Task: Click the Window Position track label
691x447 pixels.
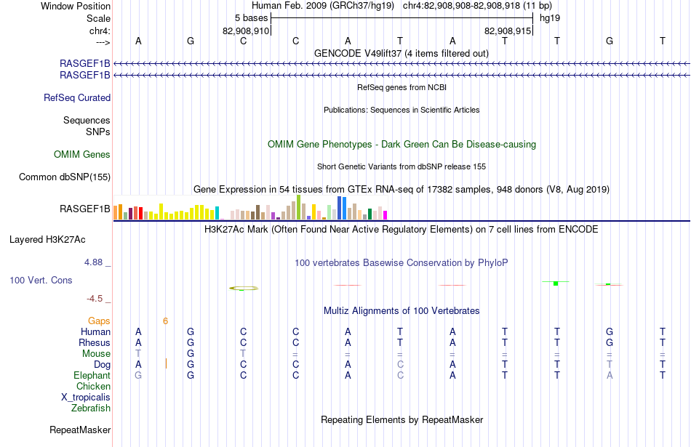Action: (x=76, y=6)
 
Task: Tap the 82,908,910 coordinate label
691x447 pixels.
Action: (x=245, y=31)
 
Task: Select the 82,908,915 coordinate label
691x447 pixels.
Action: (x=507, y=31)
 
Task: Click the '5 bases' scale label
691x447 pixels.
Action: (x=251, y=18)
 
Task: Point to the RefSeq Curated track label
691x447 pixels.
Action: (x=77, y=98)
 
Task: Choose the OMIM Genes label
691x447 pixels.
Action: (x=82, y=154)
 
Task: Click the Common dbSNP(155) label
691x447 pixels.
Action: (x=65, y=177)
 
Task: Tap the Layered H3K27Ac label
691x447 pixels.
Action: (x=47, y=240)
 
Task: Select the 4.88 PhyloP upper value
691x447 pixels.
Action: (x=93, y=262)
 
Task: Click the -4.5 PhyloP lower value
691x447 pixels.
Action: (x=95, y=299)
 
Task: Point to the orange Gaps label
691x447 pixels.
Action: (x=99, y=321)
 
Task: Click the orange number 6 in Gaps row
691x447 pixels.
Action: (x=165, y=321)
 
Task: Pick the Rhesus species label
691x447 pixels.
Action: (x=95, y=342)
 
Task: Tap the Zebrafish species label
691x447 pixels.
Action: (x=91, y=408)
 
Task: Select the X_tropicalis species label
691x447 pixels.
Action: (x=86, y=398)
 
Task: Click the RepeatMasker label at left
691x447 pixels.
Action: (x=80, y=430)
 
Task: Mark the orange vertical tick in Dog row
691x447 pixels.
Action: (x=166, y=363)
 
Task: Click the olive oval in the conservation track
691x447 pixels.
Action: (x=244, y=289)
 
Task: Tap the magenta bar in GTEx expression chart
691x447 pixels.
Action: (x=386, y=215)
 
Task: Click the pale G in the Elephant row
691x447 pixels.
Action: (x=138, y=375)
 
